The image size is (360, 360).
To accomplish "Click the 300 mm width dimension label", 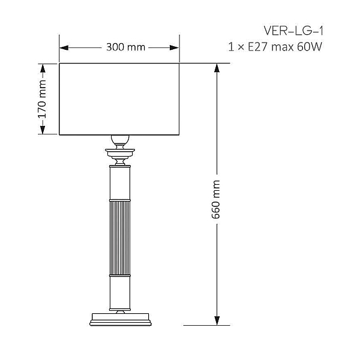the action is (x=125, y=47).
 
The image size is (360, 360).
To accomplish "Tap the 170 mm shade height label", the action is (x=43, y=99).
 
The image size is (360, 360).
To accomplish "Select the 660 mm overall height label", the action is (x=216, y=199).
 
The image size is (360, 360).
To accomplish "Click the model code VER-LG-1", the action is (x=293, y=31).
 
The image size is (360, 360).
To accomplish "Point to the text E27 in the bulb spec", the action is (x=258, y=47).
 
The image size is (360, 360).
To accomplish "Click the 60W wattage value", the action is (x=310, y=47).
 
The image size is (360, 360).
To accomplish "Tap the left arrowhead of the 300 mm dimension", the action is (x=64, y=48).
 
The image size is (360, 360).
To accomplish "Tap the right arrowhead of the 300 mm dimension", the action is (x=174, y=48).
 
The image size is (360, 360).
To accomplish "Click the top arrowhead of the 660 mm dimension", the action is (x=217, y=68).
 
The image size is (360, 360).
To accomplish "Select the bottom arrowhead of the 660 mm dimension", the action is (x=217, y=320).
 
